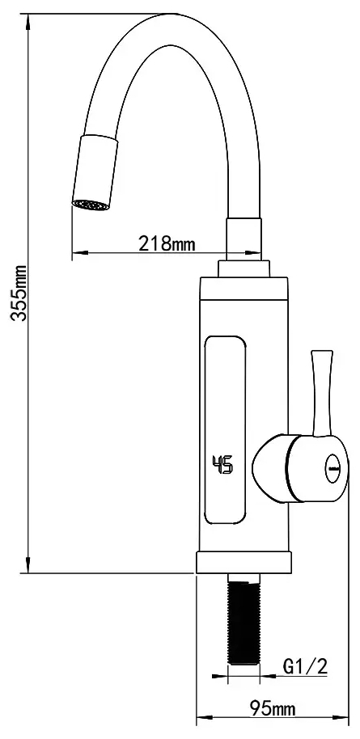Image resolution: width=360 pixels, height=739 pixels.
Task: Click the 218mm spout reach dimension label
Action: (167, 243)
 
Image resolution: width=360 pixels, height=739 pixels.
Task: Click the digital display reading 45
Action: (222, 465)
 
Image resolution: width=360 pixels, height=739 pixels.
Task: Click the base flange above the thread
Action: (243, 563)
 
